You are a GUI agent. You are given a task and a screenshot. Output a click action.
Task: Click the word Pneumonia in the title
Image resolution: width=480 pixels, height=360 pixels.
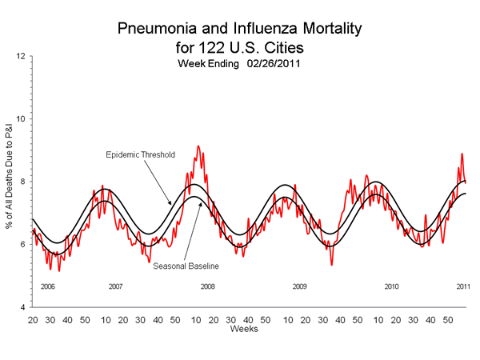[158, 29]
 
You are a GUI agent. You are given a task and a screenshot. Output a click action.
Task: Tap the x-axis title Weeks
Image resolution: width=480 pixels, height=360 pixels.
[242, 329]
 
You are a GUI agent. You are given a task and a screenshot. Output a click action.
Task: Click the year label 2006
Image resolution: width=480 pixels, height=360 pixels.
[47, 286]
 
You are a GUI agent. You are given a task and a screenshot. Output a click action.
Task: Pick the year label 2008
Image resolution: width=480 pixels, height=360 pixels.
[208, 286]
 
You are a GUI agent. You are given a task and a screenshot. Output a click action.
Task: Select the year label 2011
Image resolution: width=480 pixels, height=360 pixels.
[462, 286]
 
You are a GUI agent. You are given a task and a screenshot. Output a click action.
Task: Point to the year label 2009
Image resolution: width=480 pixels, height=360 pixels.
[300, 286]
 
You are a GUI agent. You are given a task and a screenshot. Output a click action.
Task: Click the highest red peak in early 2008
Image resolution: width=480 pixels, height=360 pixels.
[198, 146]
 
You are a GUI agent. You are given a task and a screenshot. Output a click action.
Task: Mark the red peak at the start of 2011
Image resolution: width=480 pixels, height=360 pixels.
[462, 154]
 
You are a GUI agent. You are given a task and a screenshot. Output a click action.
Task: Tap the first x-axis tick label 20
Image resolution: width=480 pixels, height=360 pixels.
[33, 318]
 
